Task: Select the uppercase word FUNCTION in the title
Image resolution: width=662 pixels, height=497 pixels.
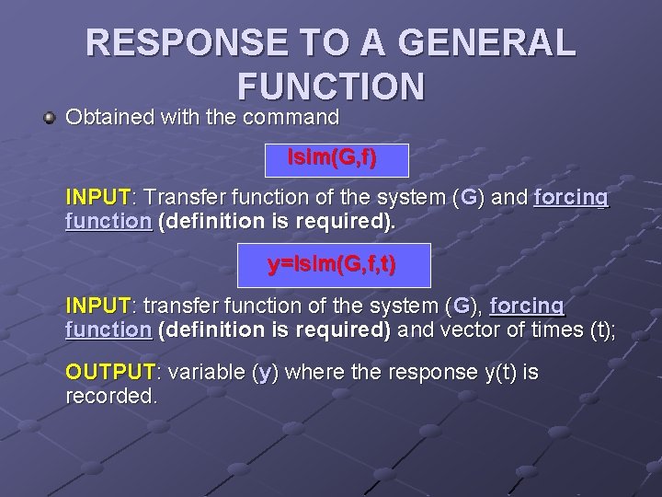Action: tap(331, 86)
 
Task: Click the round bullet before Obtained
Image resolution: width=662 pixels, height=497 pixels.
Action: tap(51, 119)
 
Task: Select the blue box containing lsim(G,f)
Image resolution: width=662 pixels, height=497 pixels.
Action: tap(334, 158)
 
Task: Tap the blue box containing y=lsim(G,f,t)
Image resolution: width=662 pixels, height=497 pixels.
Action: tap(333, 266)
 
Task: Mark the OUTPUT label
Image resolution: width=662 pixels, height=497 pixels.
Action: tap(110, 373)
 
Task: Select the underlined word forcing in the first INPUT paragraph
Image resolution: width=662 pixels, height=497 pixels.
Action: tap(570, 198)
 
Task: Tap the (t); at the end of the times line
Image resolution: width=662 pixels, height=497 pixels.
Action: tap(601, 329)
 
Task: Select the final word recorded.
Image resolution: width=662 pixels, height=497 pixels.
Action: tap(111, 397)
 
